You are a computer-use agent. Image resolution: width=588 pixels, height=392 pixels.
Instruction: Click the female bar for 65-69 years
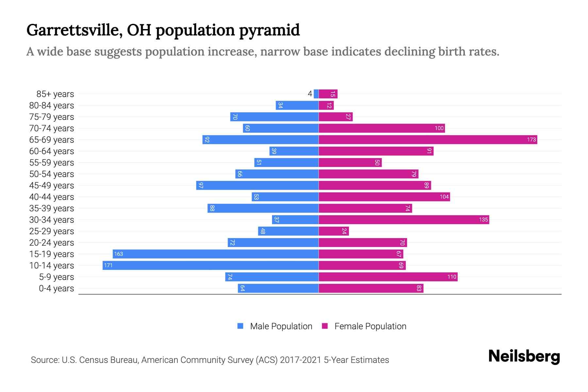pos(428,140)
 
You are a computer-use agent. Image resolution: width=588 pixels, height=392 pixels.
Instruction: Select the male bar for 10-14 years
pos(210,265)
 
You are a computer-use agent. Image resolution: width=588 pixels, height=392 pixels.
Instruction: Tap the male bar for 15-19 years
pos(216,254)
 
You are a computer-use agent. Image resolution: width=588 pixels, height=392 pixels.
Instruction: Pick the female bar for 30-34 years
pos(404,220)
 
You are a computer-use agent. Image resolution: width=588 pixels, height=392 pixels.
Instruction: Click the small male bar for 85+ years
pos(316,94)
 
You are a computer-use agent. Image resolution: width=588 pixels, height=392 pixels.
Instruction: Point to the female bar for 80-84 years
pos(326,106)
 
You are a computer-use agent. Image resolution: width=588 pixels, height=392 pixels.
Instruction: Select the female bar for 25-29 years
pos(334,231)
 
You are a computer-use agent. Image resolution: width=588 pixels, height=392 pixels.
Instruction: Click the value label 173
pos(531,140)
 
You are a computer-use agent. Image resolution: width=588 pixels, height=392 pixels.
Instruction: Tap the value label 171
pos(108,265)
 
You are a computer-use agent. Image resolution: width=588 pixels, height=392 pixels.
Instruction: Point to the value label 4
pos(310,94)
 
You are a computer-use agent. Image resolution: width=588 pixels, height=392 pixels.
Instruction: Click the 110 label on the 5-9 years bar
pos(451,277)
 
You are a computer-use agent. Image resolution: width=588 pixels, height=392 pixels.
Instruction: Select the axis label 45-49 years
pos(52,185)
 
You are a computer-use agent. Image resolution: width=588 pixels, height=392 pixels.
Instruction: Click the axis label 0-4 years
pos(56,288)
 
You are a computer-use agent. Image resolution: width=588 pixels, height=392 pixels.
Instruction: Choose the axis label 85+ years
pos(55,94)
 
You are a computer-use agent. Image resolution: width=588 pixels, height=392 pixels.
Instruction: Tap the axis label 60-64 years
pos(52,151)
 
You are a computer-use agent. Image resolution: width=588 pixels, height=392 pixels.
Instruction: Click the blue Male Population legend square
pos(240,326)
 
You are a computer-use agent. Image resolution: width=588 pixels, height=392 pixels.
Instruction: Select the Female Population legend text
pos(370,326)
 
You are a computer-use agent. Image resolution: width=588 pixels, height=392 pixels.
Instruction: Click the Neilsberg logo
pos(524,356)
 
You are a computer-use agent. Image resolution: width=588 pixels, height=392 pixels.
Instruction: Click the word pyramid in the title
pos(269,30)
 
